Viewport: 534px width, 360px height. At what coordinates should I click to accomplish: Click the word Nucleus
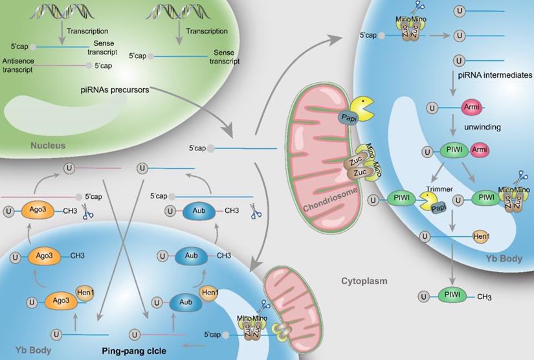click(48, 146)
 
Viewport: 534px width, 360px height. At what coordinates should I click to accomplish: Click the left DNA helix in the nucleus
click(60, 11)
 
